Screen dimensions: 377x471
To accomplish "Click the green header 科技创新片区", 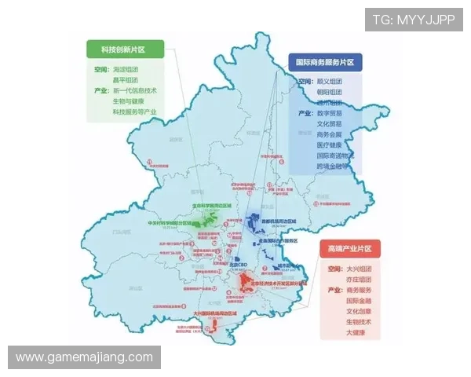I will coord(122,49).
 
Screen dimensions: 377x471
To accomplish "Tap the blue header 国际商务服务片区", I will coord(324,61).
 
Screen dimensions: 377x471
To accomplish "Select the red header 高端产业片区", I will coord(349,249).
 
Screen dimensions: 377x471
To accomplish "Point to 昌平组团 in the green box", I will coord(125,79).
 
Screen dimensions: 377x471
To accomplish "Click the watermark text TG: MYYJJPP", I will coord(414,20).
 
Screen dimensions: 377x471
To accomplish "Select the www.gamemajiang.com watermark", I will coord(84,357).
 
